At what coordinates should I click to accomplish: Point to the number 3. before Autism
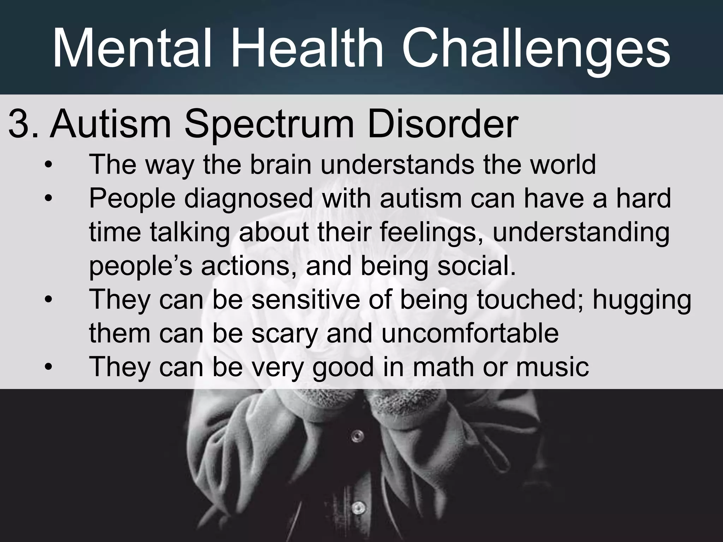coord(23,125)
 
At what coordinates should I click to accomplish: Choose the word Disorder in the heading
coord(443,125)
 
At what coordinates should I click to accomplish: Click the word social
coord(476,266)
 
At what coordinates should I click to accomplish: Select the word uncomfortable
coord(470,333)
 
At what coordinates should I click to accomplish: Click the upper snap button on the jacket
coord(358,435)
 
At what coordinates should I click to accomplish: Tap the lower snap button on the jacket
coord(358,507)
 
